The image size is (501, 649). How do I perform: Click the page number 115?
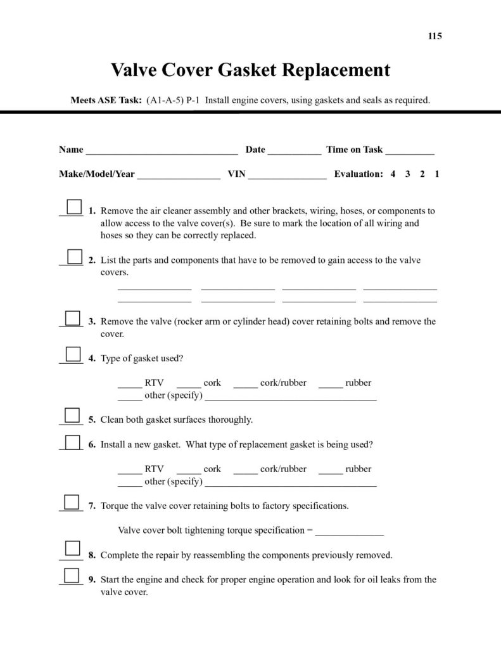point(434,36)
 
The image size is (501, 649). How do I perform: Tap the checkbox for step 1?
point(74,207)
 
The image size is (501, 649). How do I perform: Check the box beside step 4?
point(74,354)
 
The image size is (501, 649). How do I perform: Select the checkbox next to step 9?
point(74,575)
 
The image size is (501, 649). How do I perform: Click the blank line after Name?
point(162,151)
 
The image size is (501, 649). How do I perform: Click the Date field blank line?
point(294,151)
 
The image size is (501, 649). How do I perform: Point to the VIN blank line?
point(287,175)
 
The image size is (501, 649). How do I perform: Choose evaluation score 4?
point(393,174)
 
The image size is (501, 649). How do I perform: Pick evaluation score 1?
point(437,174)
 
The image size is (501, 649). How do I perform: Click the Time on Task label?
point(354,150)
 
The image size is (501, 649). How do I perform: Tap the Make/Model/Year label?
point(96,174)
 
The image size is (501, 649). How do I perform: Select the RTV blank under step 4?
point(130,384)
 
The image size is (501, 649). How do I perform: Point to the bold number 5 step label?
point(92,420)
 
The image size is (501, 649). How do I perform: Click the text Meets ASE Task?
point(105,100)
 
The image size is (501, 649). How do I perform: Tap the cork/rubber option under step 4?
point(246,384)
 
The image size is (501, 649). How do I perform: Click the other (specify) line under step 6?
point(291,484)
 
